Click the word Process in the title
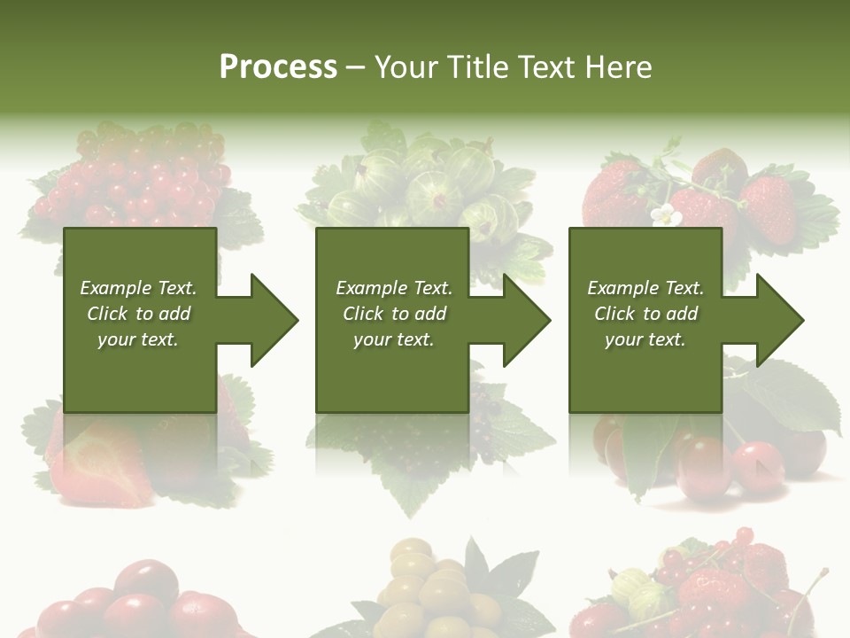278,67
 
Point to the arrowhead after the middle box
526,320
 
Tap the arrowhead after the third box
779,320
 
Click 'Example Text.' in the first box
138,288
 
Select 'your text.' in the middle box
393,339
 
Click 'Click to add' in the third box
645,314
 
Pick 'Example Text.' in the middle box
393,288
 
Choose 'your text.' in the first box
138,339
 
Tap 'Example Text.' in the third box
645,288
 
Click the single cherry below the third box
757,465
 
